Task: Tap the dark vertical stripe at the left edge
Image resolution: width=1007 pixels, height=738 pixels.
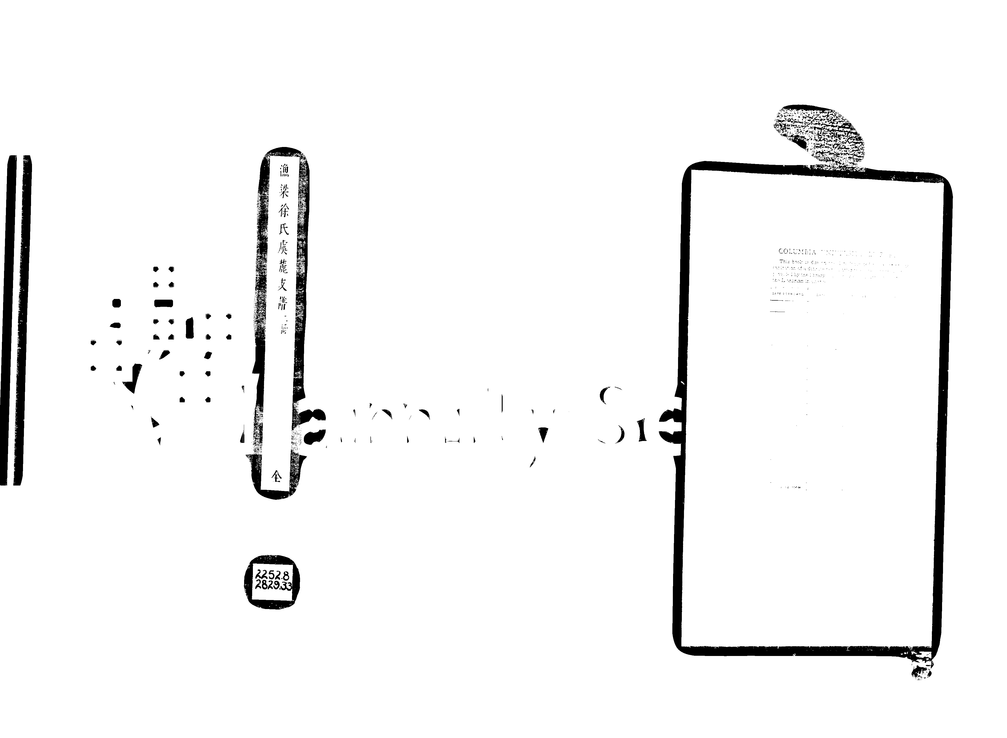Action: [x=17, y=319]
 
